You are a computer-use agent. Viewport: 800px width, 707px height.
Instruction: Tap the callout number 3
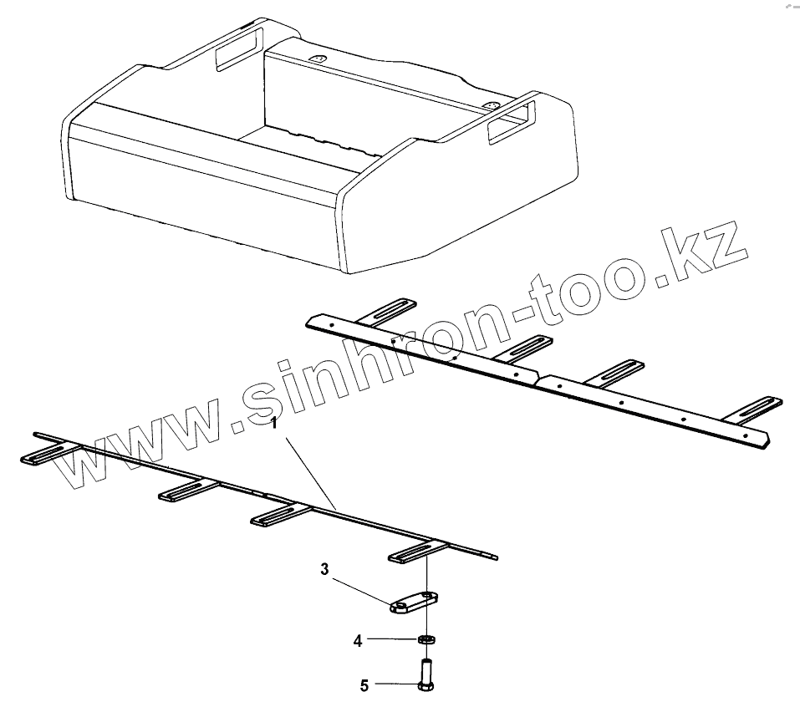tap(326, 569)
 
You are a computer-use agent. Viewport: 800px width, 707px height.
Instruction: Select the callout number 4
tap(358, 641)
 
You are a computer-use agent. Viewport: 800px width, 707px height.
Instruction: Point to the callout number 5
tap(364, 686)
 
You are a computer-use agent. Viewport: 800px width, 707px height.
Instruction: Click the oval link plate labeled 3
tap(414, 602)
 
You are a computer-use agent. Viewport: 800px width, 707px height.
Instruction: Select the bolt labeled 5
tap(425, 674)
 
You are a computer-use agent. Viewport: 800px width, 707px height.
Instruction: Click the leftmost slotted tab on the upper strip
tap(385, 310)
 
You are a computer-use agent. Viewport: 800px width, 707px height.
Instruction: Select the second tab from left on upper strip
tap(523, 347)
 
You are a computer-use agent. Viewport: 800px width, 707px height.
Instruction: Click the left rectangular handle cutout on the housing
tap(238, 52)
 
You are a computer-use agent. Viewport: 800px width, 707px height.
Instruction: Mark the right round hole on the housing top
tap(491, 106)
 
